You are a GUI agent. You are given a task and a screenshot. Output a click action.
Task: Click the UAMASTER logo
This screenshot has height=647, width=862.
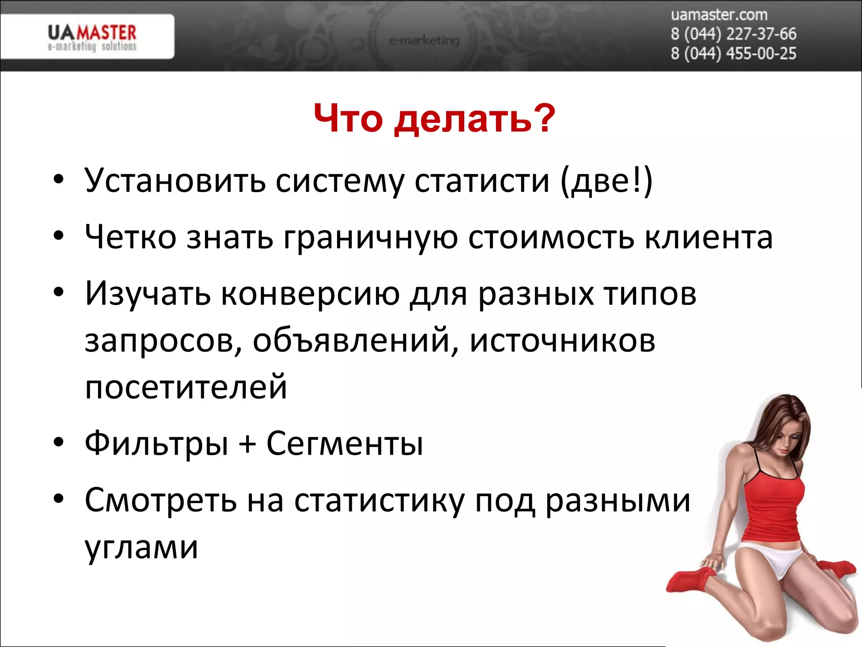tap(92, 37)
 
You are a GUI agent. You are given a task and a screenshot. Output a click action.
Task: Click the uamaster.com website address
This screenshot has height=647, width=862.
tap(719, 15)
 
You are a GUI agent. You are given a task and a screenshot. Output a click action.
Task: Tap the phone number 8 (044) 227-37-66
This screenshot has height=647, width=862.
tap(733, 34)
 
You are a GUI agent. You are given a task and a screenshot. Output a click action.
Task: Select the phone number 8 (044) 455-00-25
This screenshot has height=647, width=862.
tap(733, 53)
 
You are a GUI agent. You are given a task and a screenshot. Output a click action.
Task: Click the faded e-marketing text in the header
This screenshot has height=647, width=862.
tap(424, 41)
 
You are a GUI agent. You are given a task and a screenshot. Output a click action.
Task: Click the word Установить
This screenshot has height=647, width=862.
tap(175, 180)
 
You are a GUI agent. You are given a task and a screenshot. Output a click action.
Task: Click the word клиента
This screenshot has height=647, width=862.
tap(709, 237)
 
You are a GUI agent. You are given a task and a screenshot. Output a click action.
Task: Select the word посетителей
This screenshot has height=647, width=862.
tap(186, 387)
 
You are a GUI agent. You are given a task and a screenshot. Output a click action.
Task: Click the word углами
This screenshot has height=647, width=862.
tap(141, 548)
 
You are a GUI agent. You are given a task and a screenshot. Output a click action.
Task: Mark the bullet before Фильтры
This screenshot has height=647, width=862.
tap(59, 442)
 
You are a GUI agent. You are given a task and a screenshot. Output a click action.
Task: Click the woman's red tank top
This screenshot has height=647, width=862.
tap(773, 505)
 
